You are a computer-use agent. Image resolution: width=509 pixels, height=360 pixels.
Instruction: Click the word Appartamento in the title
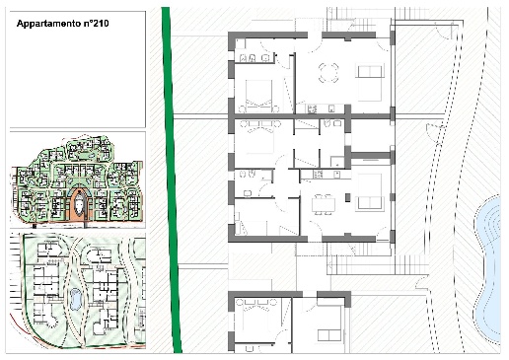tap(48, 24)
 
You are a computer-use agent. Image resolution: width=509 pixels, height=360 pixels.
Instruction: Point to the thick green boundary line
tap(171, 180)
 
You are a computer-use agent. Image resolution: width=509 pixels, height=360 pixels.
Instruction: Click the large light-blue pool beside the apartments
tap(487, 268)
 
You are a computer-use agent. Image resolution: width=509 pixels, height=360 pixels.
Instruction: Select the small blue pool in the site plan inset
tap(75, 299)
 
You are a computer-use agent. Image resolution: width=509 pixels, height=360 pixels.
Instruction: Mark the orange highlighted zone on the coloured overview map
tap(79, 204)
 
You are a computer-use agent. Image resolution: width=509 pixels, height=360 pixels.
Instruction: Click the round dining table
tap(328, 73)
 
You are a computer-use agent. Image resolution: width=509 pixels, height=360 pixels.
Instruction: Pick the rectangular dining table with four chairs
tap(324, 204)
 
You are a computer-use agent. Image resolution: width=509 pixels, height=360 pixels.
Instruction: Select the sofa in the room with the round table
tap(370, 71)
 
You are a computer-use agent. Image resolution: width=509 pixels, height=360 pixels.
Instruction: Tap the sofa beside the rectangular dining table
tap(371, 203)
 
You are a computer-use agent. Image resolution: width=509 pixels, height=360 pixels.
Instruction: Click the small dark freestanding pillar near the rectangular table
tap(347, 197)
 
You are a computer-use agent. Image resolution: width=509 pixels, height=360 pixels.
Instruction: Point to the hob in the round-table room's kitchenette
tap(312, 108)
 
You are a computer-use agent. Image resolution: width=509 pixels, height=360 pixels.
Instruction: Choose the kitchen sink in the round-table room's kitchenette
tap(331, 108)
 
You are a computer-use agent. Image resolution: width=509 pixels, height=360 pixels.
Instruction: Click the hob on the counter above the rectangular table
tap(318, 174)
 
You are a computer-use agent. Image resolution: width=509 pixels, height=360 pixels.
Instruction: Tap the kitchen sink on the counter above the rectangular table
tap(336, 175)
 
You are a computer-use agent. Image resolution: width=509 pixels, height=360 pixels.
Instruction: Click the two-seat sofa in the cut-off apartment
tap(328, 335)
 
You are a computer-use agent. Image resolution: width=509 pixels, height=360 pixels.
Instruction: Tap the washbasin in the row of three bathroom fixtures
tap(265, 58)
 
